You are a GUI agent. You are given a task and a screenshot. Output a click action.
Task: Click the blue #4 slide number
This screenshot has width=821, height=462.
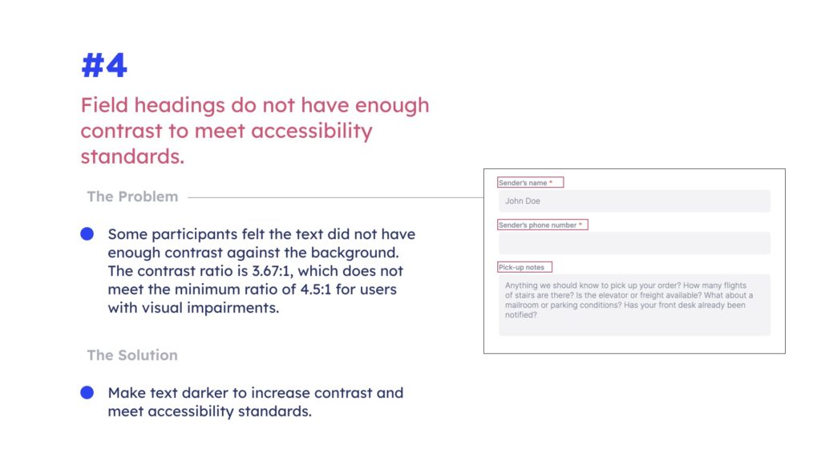104,66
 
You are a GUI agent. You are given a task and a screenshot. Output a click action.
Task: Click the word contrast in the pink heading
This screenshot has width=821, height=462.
122,131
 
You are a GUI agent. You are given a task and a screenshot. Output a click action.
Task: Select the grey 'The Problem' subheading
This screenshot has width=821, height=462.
132,197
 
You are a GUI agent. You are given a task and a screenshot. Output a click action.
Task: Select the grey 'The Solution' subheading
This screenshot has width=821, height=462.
132,355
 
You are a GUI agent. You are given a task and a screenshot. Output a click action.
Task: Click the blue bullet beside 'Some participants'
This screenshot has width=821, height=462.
87,233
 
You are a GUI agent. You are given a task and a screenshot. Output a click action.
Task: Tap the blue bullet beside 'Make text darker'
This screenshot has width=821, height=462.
87,392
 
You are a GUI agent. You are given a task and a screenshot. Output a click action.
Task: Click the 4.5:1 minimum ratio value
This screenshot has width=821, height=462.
316,289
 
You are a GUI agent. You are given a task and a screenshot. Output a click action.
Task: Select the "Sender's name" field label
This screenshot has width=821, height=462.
523,183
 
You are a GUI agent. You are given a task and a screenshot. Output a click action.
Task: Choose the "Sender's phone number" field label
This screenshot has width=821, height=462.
537,225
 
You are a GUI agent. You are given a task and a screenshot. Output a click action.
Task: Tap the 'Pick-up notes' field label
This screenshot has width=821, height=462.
521,267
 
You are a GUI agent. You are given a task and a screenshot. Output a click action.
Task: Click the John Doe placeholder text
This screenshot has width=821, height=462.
523,201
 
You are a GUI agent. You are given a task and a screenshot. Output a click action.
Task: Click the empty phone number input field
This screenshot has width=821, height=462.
634,243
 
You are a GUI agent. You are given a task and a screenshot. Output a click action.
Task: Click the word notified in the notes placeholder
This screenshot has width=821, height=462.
519,314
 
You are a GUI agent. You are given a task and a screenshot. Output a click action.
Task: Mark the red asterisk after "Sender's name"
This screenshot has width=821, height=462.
551,182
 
